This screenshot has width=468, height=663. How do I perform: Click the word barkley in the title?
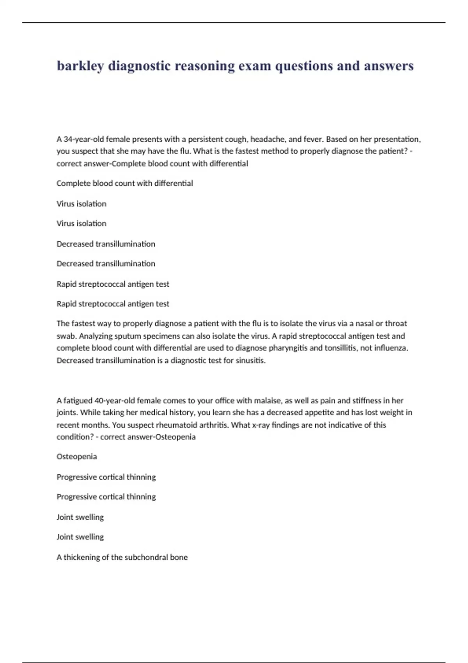tap(80, 66)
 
